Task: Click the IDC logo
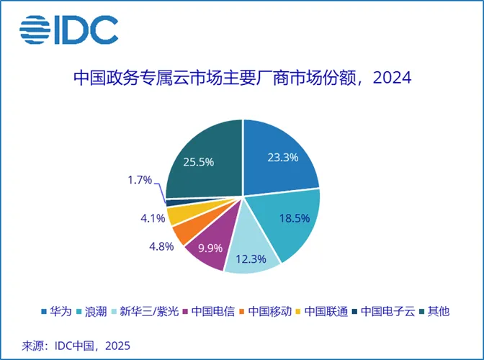tap(69, 30)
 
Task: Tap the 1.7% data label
tap(138, 179)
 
